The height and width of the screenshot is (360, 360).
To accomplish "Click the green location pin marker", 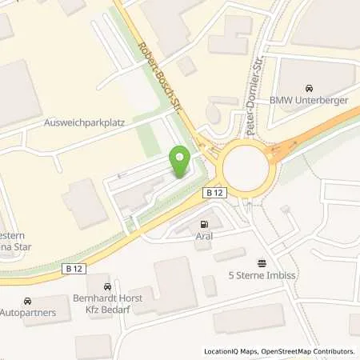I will [x=180, y=162].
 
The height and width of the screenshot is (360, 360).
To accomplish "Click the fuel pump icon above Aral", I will [x=203, y=225].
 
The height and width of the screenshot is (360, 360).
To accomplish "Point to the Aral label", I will [x=203, y=238].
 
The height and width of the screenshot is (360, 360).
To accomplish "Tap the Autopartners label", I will [x=28, y=312].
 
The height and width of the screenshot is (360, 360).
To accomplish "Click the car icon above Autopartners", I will [x=29, y=300].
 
